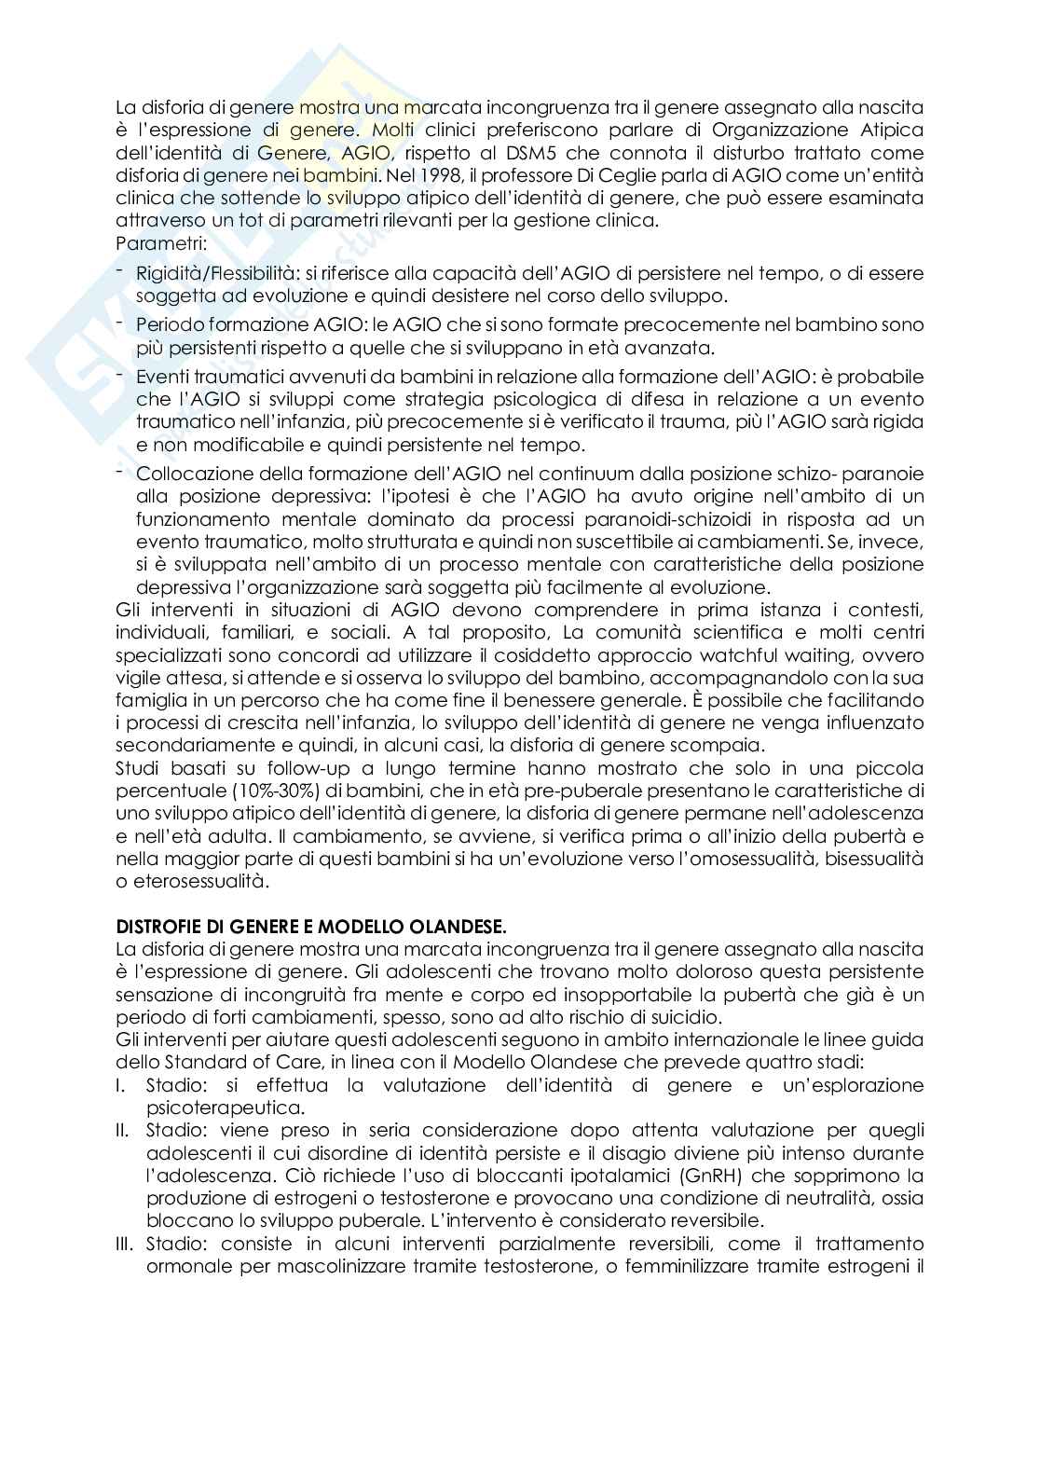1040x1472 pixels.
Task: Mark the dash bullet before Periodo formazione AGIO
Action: (x=121, y=322)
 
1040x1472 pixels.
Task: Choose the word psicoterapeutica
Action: (x=224, y=1107)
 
